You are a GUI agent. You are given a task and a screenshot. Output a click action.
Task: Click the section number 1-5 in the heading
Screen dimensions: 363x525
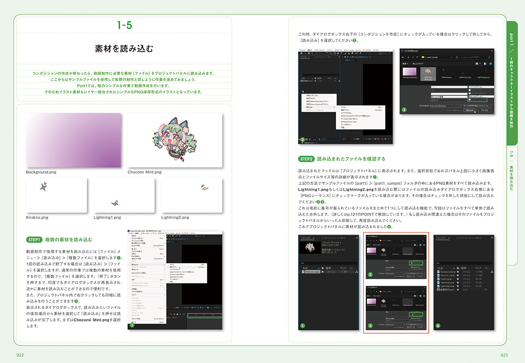click(x=124, y=25)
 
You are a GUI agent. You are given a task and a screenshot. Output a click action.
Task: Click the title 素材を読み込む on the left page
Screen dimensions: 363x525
click(x=124, y=49)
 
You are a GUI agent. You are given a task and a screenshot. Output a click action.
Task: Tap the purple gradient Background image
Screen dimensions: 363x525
click(x=73, y=140)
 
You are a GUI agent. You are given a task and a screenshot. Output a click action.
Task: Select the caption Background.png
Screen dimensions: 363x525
click(x=41, y=172)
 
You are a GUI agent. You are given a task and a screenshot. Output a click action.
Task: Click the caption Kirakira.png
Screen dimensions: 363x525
click(x=37, y=217)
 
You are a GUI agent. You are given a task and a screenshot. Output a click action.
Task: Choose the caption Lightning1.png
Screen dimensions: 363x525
click(x=107, y=217)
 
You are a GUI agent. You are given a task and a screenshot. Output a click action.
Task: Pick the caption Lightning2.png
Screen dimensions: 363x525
click(x=175, y=217)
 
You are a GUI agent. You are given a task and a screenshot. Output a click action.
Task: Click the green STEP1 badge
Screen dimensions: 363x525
click(x=34, y=240)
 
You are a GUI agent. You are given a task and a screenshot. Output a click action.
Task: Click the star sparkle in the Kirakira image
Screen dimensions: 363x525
click(x=43, y=186)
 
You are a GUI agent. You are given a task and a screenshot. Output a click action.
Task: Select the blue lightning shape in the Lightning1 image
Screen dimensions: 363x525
click(x=115, y=202)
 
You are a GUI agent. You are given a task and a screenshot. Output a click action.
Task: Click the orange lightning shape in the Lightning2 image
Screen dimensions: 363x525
click(x=204, y=187)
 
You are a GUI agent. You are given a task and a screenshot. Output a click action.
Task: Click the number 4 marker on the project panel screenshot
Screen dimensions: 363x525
click(x=438, y=326)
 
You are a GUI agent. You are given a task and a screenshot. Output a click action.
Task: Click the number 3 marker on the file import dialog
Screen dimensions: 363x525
click(x=404, y=110)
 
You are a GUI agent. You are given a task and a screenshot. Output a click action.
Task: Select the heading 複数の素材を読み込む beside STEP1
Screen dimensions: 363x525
click(x=69, y=240)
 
